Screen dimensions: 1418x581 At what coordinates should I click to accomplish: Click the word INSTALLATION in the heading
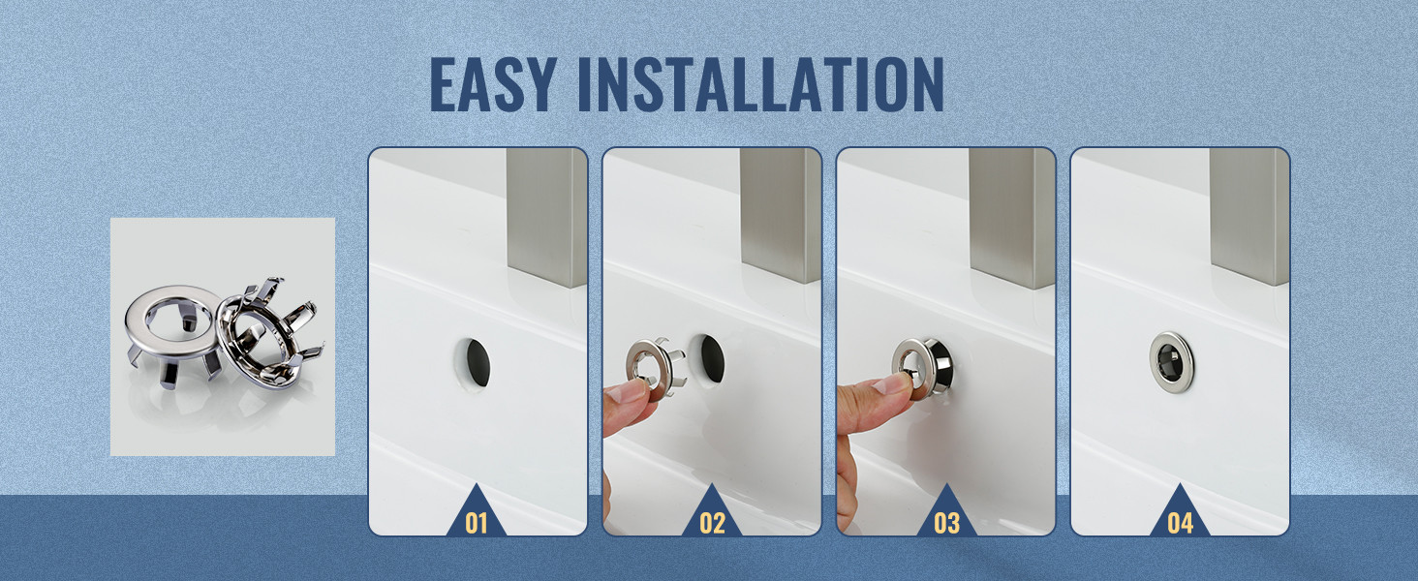761,84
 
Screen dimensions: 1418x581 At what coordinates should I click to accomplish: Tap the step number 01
476,524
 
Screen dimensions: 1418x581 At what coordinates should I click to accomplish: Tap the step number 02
712,524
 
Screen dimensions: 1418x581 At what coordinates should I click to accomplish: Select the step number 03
947,524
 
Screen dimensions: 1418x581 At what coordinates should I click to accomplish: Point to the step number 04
1181,524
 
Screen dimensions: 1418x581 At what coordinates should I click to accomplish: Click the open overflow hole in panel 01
475,363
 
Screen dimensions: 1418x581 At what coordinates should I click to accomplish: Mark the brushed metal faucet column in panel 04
1248,215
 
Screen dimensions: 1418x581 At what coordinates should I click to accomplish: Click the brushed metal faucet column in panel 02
780,215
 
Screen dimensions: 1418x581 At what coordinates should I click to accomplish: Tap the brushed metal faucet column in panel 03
1012,219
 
